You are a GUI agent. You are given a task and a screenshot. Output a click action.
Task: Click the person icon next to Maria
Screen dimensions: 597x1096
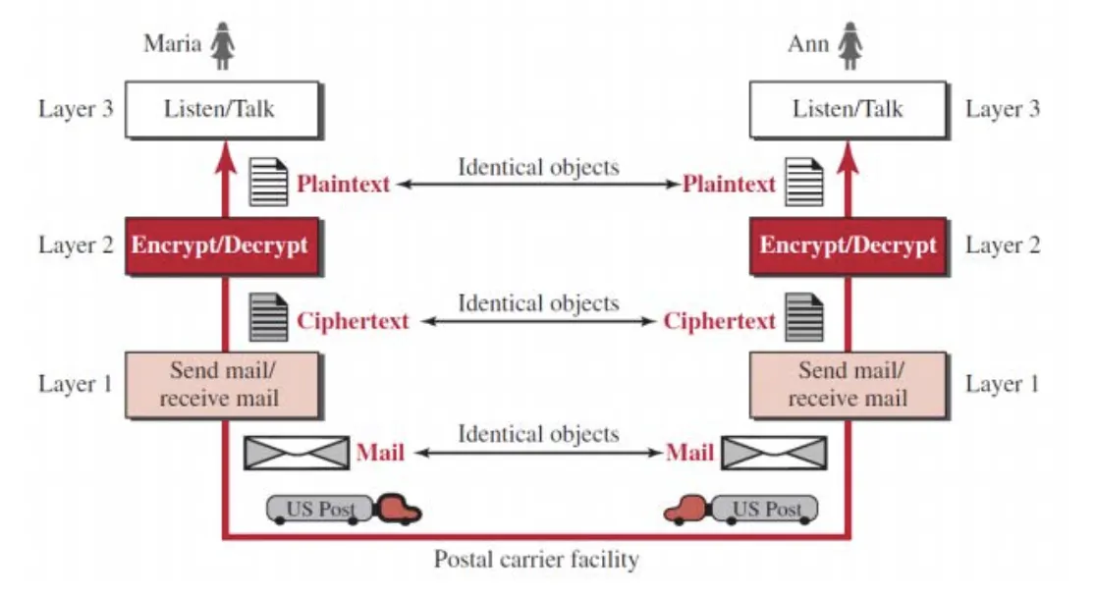[x=224, y=46]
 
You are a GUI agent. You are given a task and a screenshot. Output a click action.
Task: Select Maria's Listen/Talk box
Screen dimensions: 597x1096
[x=222, y=109]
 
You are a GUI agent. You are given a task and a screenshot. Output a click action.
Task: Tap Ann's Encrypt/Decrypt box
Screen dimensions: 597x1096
[x=848, y=244]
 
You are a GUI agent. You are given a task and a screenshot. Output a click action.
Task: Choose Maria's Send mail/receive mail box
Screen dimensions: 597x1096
[x=223, y=384]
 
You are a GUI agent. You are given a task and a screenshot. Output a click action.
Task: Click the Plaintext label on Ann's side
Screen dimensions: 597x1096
[x=729, y=184]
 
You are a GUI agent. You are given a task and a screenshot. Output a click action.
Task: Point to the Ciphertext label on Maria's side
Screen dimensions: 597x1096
[x=353, y=321]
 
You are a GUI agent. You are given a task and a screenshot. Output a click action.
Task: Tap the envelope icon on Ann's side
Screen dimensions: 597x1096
[x=775, y=453]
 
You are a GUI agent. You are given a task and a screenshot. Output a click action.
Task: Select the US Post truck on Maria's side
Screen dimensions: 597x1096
[x=344, y=509]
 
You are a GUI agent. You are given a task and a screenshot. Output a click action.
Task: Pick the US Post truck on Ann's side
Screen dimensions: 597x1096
[x=741, y=509]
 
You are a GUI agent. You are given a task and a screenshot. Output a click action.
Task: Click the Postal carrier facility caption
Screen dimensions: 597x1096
[x=536, y=561]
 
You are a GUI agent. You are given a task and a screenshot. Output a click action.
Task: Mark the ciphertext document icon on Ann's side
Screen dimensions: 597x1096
[x=804, y=319]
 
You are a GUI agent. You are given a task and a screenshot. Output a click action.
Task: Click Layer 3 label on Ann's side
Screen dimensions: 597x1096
[x=1002, y=109]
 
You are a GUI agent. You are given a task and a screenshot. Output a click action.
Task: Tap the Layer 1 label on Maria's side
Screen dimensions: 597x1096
[x=76, y=384]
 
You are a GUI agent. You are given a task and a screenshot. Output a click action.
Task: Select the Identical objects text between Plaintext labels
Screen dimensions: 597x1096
[x=538, y=167]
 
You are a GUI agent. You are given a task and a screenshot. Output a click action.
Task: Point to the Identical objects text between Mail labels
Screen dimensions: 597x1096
[x=538, y=434]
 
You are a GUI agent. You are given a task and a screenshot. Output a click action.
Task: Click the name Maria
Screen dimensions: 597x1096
[x=173, y=44]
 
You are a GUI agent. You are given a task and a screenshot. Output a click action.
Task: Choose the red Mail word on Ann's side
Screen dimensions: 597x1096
[x=690, y=453]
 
